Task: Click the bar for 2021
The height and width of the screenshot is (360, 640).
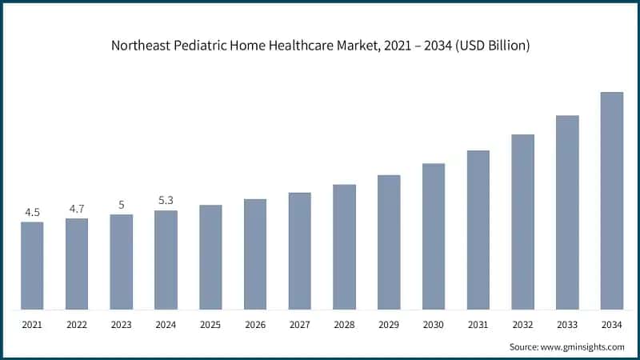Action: (32, 266)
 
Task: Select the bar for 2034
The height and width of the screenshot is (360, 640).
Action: (612, 201)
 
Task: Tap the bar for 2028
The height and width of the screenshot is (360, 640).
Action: (344, 247)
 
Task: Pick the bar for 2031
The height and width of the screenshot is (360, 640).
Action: (478, 230)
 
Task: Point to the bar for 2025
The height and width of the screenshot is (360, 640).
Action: (210, 257)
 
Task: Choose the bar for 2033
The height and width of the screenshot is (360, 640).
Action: (567, 213)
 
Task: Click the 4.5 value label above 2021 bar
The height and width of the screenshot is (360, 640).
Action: (32, 212)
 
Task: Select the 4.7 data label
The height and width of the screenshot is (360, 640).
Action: (77, 209)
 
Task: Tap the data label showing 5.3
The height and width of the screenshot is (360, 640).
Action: (166, 201)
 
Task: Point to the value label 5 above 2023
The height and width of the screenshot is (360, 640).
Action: (122, 205)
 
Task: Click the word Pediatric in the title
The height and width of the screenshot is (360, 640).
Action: (199, 46)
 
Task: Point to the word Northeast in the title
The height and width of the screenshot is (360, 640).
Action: (141, 46)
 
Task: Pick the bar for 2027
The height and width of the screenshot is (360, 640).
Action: (300, 251)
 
